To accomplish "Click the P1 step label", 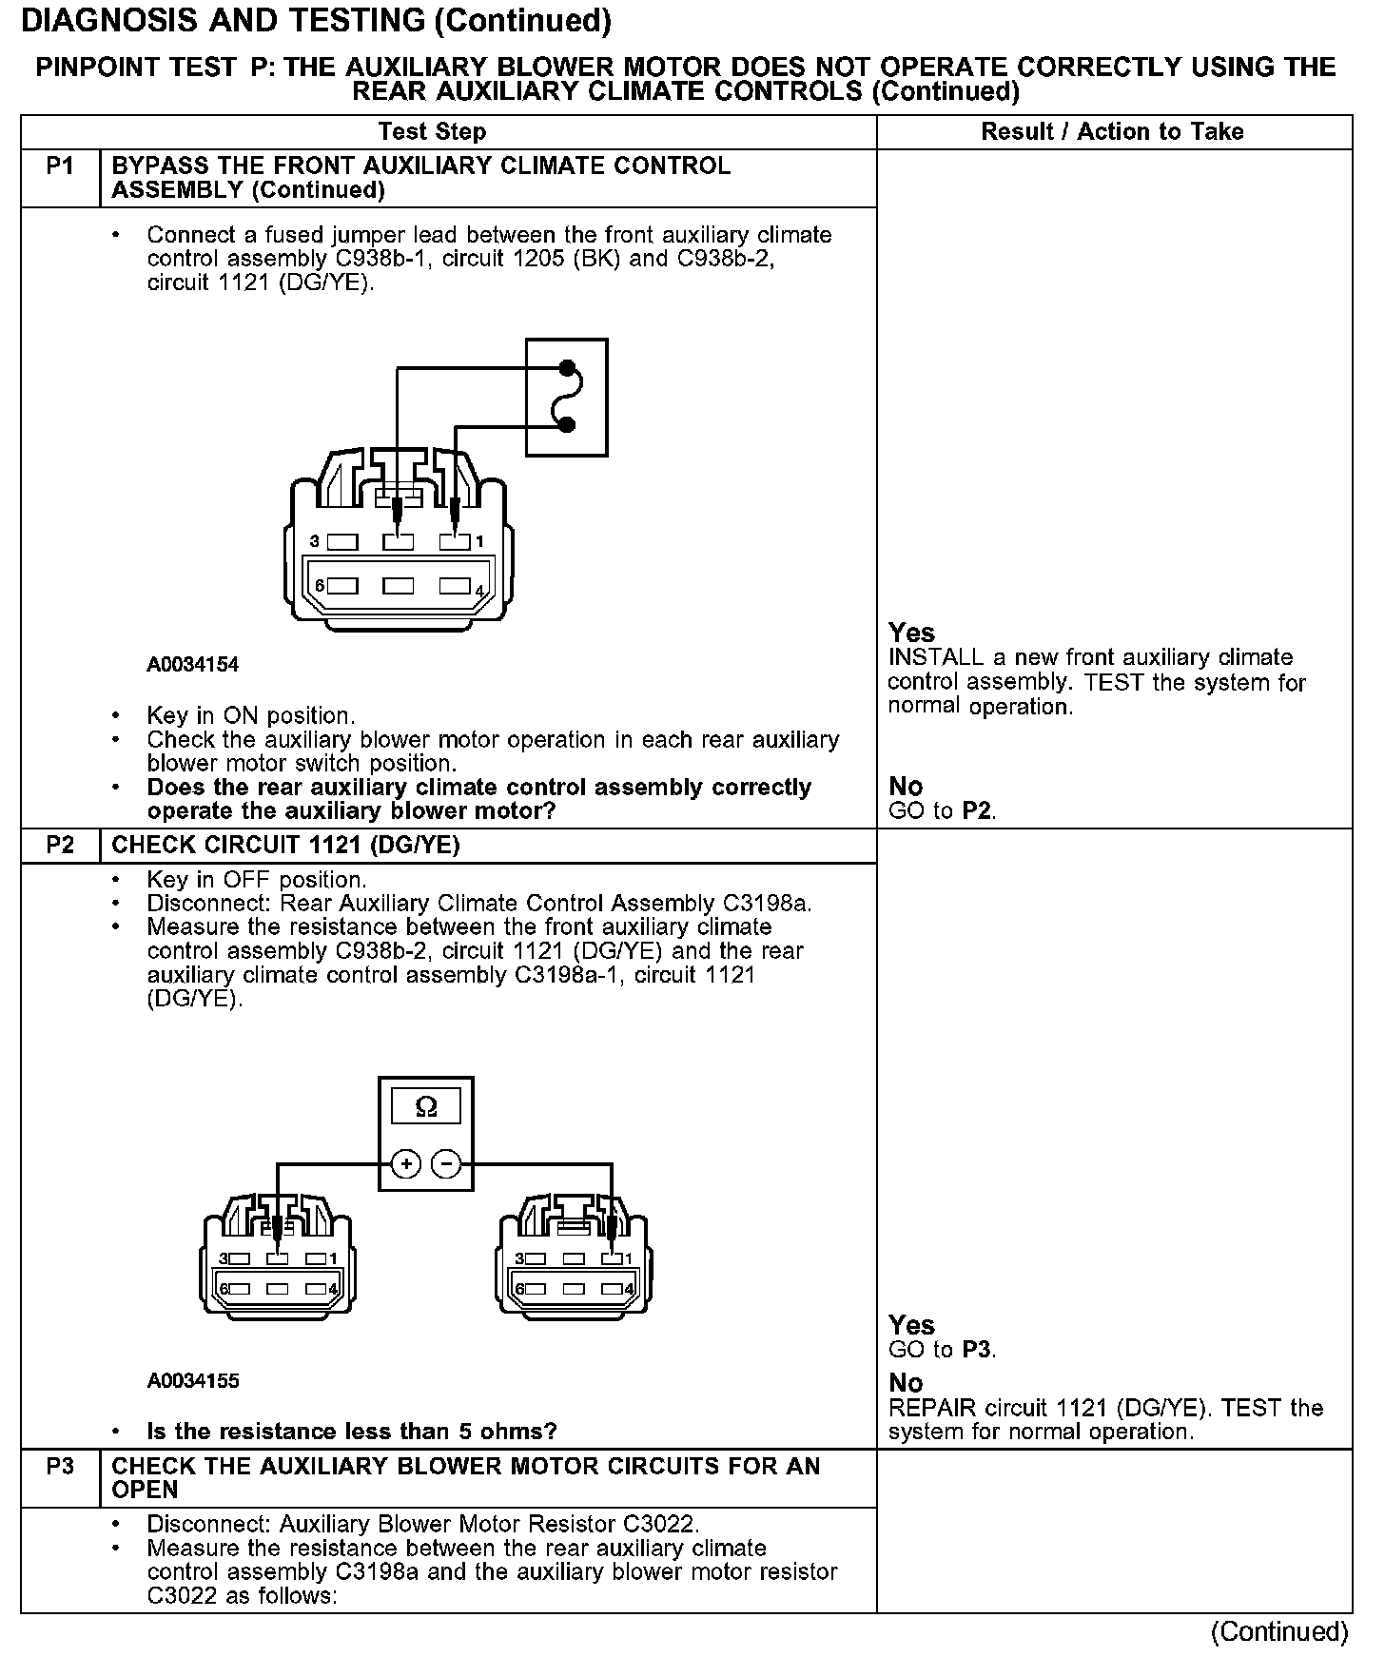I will click(60, 167).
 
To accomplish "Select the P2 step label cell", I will click(60, 846).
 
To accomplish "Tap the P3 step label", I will click(60, 1467).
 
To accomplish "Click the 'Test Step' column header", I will click(432, 132).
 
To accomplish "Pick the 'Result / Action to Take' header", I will click(1112, 132).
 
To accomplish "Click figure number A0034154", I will click(192, 665).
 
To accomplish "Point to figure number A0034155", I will click(192, 1381).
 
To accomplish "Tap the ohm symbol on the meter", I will click(426, 1107).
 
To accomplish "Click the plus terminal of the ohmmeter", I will click(406, 1164).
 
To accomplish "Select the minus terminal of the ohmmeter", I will click(447, 1164).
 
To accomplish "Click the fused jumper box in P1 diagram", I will click(567, 397).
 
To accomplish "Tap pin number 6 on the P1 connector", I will click(321, 586).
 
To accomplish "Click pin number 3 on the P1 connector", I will click(315, 542).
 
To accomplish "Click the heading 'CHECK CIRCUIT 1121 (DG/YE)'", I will click(285, 846).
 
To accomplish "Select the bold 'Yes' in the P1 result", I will click(911, 633).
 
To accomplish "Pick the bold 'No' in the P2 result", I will click(906, 1383).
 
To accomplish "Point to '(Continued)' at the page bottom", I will click(1278, 1632).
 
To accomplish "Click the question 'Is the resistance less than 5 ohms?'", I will click(352, 1432).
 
